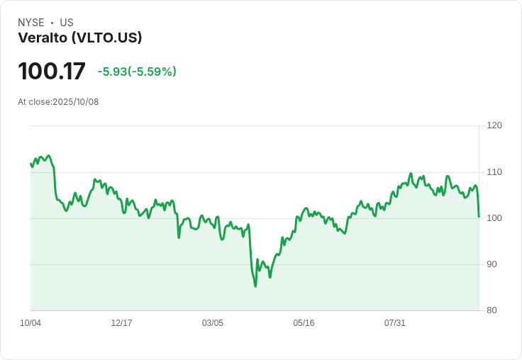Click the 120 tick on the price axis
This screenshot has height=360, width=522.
494,125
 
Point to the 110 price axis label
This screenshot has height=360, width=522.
494,172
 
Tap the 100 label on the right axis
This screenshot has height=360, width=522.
494,218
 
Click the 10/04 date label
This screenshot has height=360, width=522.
30,323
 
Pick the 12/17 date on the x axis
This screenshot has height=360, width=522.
121,323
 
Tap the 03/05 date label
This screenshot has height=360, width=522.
212,323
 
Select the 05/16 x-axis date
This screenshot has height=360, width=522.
304,323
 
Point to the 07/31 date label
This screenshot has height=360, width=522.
394,323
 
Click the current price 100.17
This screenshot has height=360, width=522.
51,72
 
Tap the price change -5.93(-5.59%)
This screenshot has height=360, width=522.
137,72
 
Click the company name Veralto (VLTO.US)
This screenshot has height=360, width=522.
80,38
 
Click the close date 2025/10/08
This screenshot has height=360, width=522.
76,102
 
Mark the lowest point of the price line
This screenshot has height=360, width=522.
255,286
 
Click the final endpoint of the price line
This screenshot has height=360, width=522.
479,217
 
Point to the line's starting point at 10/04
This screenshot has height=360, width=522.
30,164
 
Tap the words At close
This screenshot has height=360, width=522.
34,102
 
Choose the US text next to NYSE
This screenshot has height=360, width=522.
67,23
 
